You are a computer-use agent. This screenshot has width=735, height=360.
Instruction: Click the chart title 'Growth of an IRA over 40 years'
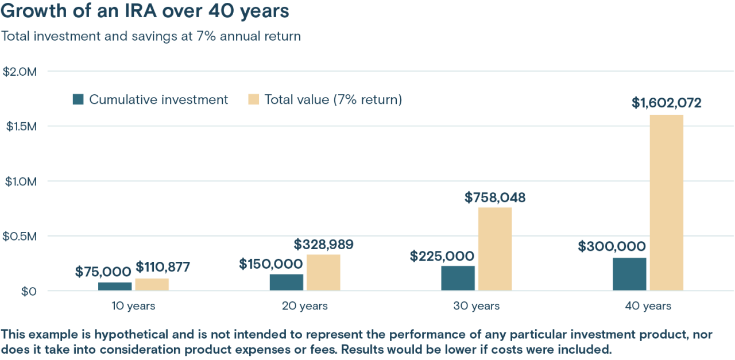click(x=145, y=11)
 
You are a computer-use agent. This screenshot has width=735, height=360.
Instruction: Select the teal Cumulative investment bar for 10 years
click(x=115, y=286)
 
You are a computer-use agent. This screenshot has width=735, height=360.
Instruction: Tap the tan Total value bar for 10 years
click(x=152, y=284)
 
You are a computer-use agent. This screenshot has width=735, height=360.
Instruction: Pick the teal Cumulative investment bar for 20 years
click(x=287, y=282)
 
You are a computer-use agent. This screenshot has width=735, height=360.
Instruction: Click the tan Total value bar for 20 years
click(x=323, y=272)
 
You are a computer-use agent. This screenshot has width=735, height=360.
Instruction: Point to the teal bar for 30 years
click(x=458, y=278)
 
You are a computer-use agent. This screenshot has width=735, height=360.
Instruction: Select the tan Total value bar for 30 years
click(x=494, y=249)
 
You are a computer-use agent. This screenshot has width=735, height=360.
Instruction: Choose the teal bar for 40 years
click(x=629, y=274)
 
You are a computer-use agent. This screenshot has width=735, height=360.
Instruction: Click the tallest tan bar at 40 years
click(x=666, y=203)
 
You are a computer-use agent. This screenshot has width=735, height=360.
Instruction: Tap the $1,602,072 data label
click(x=666, y=103)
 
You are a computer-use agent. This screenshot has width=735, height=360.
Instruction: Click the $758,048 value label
click(x=494, y=198)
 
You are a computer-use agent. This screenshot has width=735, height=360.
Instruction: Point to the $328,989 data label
click(x=323, y=245)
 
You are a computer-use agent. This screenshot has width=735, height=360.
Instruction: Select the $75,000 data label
click(x=103, y=272)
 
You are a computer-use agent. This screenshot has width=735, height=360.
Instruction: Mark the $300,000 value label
click(x=612, y=247)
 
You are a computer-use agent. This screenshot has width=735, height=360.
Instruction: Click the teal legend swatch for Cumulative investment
click(x=79, y=100)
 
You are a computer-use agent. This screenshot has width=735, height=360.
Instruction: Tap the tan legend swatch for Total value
click(x=254, y=100)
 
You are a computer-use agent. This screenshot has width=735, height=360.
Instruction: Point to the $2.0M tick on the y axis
click(x=20, y=72)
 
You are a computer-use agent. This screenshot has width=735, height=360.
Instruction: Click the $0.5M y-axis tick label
click(x=20, y=236)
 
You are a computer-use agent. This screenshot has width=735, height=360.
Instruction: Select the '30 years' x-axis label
click(x=476, y=306)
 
